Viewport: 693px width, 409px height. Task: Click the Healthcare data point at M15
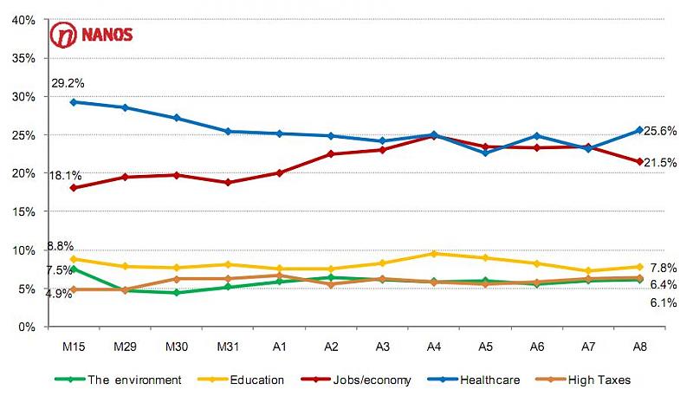point(74,101)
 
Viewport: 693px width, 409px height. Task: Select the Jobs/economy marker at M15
point(74,187)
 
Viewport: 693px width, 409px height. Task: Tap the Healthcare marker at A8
point(639,130)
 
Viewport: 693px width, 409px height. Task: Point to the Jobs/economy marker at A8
point(639,161)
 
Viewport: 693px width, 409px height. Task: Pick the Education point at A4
point(434,253)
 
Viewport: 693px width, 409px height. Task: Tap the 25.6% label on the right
point(662,131)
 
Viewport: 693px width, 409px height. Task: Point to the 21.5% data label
point(662,162)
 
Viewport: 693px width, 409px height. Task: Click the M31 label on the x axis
point(228,346)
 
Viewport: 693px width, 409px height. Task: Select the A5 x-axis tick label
point(486,346)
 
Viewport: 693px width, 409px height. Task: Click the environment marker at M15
point(74,269)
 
